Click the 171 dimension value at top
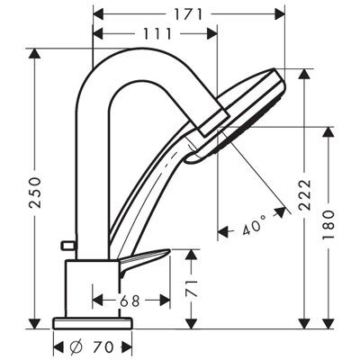[187, 13]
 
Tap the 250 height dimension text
[35, 191]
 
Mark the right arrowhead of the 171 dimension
[278, 13]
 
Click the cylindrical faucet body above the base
[91, 288]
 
